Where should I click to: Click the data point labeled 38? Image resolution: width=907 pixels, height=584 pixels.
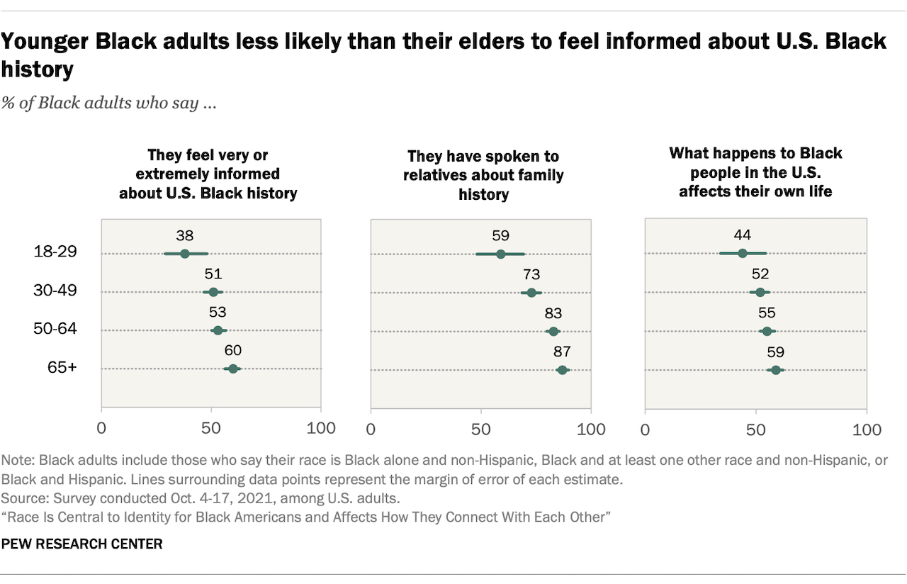[185, 254]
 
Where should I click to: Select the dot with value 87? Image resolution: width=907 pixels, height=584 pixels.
[562, 370]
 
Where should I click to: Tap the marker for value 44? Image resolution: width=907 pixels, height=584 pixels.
[743, 254]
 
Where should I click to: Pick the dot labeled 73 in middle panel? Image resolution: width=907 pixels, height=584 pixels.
[531, 293]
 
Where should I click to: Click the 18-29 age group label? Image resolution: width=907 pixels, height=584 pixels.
[56, 253]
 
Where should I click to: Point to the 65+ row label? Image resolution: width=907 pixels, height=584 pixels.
[62, 369]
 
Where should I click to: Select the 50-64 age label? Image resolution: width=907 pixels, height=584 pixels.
[56, 330]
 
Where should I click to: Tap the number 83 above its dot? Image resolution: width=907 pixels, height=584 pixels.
[553, 313]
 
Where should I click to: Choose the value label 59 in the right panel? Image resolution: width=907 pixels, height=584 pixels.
[775, 352]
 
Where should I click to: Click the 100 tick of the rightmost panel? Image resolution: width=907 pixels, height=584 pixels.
[867, 429]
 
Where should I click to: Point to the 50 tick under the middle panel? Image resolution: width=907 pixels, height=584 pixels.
[481, 429]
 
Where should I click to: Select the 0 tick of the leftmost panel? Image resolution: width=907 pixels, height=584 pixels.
[102, 429]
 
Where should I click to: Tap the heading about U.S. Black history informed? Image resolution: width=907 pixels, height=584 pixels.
[208, 174]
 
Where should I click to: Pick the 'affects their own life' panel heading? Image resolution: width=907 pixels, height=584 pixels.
[755, 172]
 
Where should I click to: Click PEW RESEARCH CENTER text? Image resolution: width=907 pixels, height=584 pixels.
[83, 544]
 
